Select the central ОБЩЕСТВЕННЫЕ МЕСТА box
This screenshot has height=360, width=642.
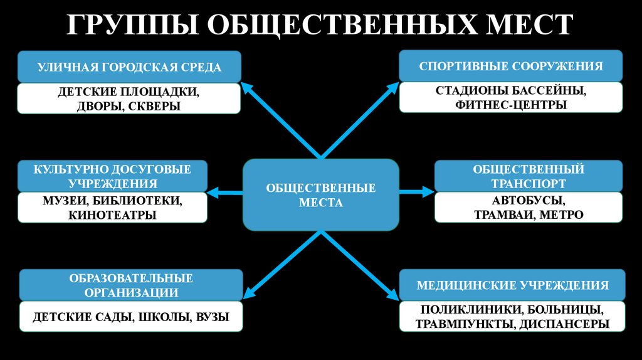coord(321,195)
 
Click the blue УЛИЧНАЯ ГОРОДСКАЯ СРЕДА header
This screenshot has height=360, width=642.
coord(129,67)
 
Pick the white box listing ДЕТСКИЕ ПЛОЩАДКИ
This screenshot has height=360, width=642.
coord(129,99)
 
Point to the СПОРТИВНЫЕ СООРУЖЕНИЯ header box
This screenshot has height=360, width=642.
coord(510,66)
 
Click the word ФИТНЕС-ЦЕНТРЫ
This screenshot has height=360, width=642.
coord(512,105)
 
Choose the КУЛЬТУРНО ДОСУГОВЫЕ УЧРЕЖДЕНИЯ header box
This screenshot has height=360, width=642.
coord(112,176)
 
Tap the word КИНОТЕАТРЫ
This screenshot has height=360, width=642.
coord(113,214)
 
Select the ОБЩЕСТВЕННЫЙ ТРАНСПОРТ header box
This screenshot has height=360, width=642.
coord(529,176)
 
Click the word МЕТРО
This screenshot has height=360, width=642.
coord(560,214)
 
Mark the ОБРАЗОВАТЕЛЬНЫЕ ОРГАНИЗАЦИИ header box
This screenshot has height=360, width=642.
coord(130,285)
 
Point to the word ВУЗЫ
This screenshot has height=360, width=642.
coord(212,317)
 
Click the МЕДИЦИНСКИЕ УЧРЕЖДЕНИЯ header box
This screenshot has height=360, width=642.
coord(512,285)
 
